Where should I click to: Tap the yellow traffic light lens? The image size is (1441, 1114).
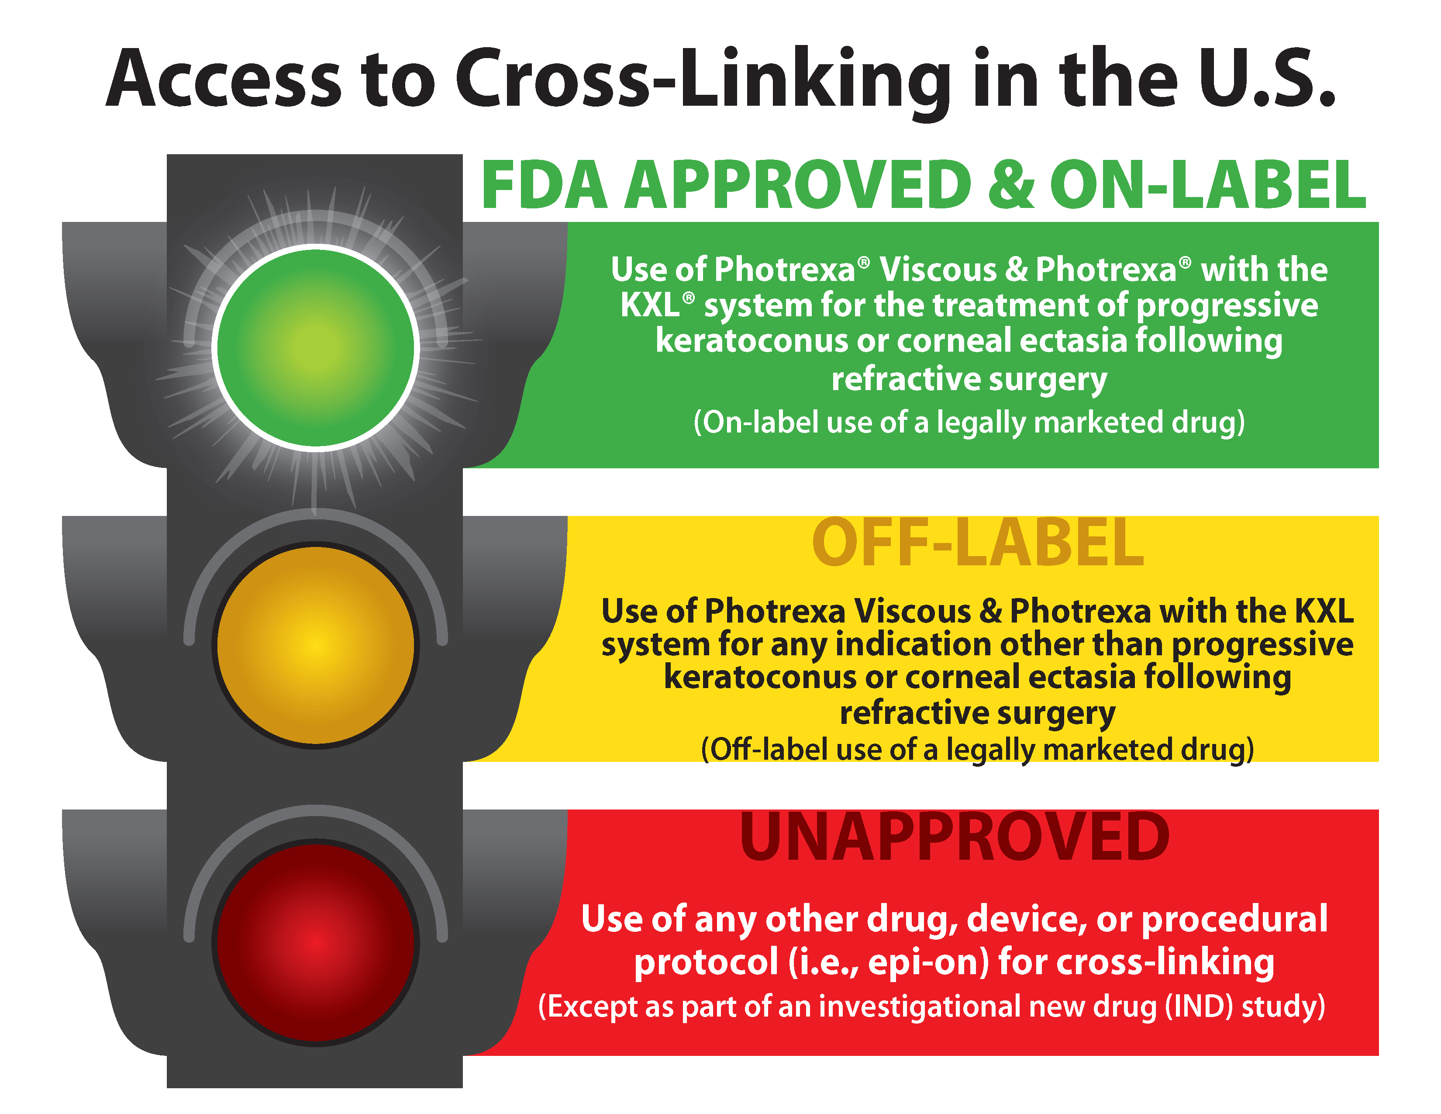tap(316, 645)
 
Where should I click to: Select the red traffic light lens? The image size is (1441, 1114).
tap(316, 942)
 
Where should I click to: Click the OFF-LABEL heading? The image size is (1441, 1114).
tap(977, 543)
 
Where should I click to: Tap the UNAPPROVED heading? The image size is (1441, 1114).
tap(954, 837)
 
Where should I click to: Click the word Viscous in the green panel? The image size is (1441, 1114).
tap(938, 270)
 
